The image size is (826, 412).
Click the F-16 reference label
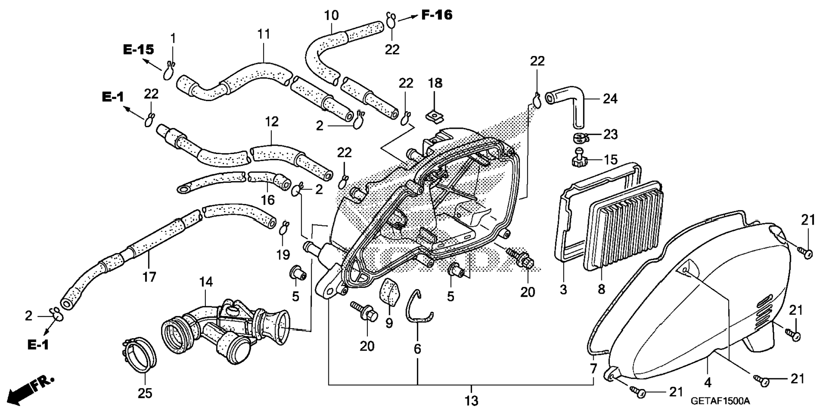point(436,15)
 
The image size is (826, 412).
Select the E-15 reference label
point(138,50)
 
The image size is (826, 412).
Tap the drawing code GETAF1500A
point(720,401)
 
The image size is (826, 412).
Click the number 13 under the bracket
point(472,401)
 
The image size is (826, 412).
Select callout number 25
point(145,393)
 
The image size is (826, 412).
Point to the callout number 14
point(206,282)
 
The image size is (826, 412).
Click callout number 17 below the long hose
point(149,277)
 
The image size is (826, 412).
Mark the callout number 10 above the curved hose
point(331,15)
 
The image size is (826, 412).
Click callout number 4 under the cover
point(707,383)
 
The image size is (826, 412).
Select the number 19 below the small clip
point(283,255)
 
